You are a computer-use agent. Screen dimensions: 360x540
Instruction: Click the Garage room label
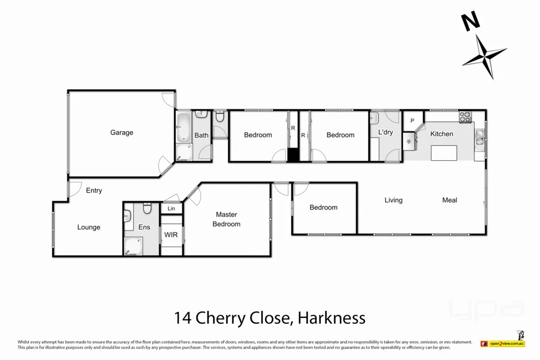tap(122, 133)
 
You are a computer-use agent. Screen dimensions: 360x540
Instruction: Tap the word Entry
tap(94, 191)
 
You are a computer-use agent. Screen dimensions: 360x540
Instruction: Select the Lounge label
tap(89, 227)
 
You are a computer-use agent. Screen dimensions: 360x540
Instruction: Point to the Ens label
tap(144, 227)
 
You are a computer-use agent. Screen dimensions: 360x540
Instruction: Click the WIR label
tap(171, 235)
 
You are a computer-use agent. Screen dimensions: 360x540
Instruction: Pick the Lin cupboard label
tap(171, 208)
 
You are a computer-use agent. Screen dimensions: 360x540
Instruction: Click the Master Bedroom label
tap(226, 219)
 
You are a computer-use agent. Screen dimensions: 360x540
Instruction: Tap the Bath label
tap(201, 135)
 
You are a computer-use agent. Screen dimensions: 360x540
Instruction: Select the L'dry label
tap(386, 132)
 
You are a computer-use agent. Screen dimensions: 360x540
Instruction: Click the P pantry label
tap(412, 121)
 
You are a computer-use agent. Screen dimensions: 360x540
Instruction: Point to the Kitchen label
tap(441, 134)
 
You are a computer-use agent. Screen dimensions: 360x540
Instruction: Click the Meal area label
tap(449, 200)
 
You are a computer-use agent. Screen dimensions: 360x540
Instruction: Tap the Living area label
tap(393, 200)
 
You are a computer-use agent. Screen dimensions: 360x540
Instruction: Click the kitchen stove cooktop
tap(465, 117)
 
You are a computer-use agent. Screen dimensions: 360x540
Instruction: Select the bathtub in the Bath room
tap(184, 127)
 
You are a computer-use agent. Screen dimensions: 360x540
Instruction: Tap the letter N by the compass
tap(470, 22)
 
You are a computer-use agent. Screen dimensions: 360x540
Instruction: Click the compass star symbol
tap(484, 56)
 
